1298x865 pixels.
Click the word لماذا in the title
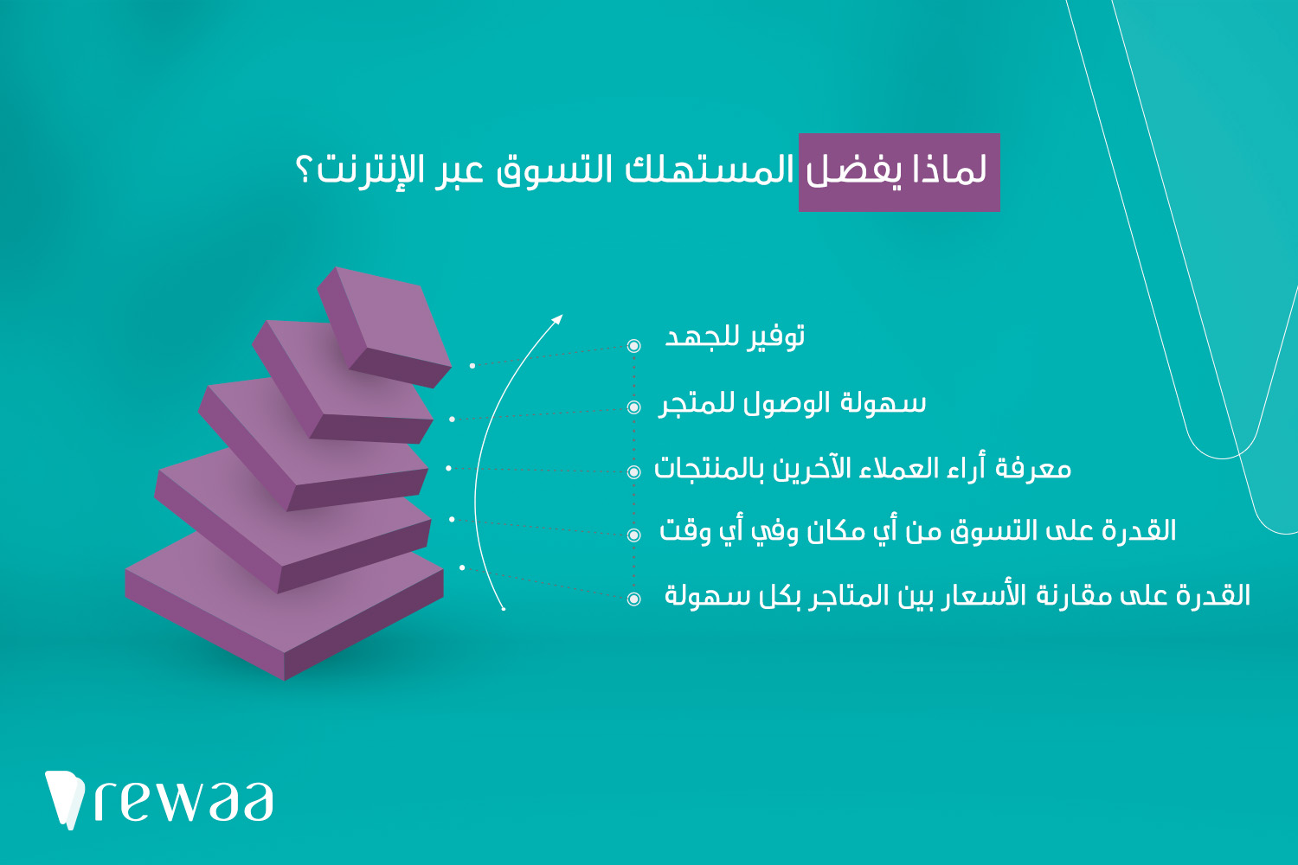949,169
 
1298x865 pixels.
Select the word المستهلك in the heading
710,170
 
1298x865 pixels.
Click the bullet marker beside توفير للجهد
634,346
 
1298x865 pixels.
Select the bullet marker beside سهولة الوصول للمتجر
634,407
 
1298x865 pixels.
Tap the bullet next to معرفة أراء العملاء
634,471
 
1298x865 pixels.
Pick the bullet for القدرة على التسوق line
634,535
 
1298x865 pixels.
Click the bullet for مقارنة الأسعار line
634,599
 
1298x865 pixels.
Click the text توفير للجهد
735,336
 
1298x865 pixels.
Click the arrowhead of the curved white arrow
557,319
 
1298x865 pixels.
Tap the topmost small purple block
385,327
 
